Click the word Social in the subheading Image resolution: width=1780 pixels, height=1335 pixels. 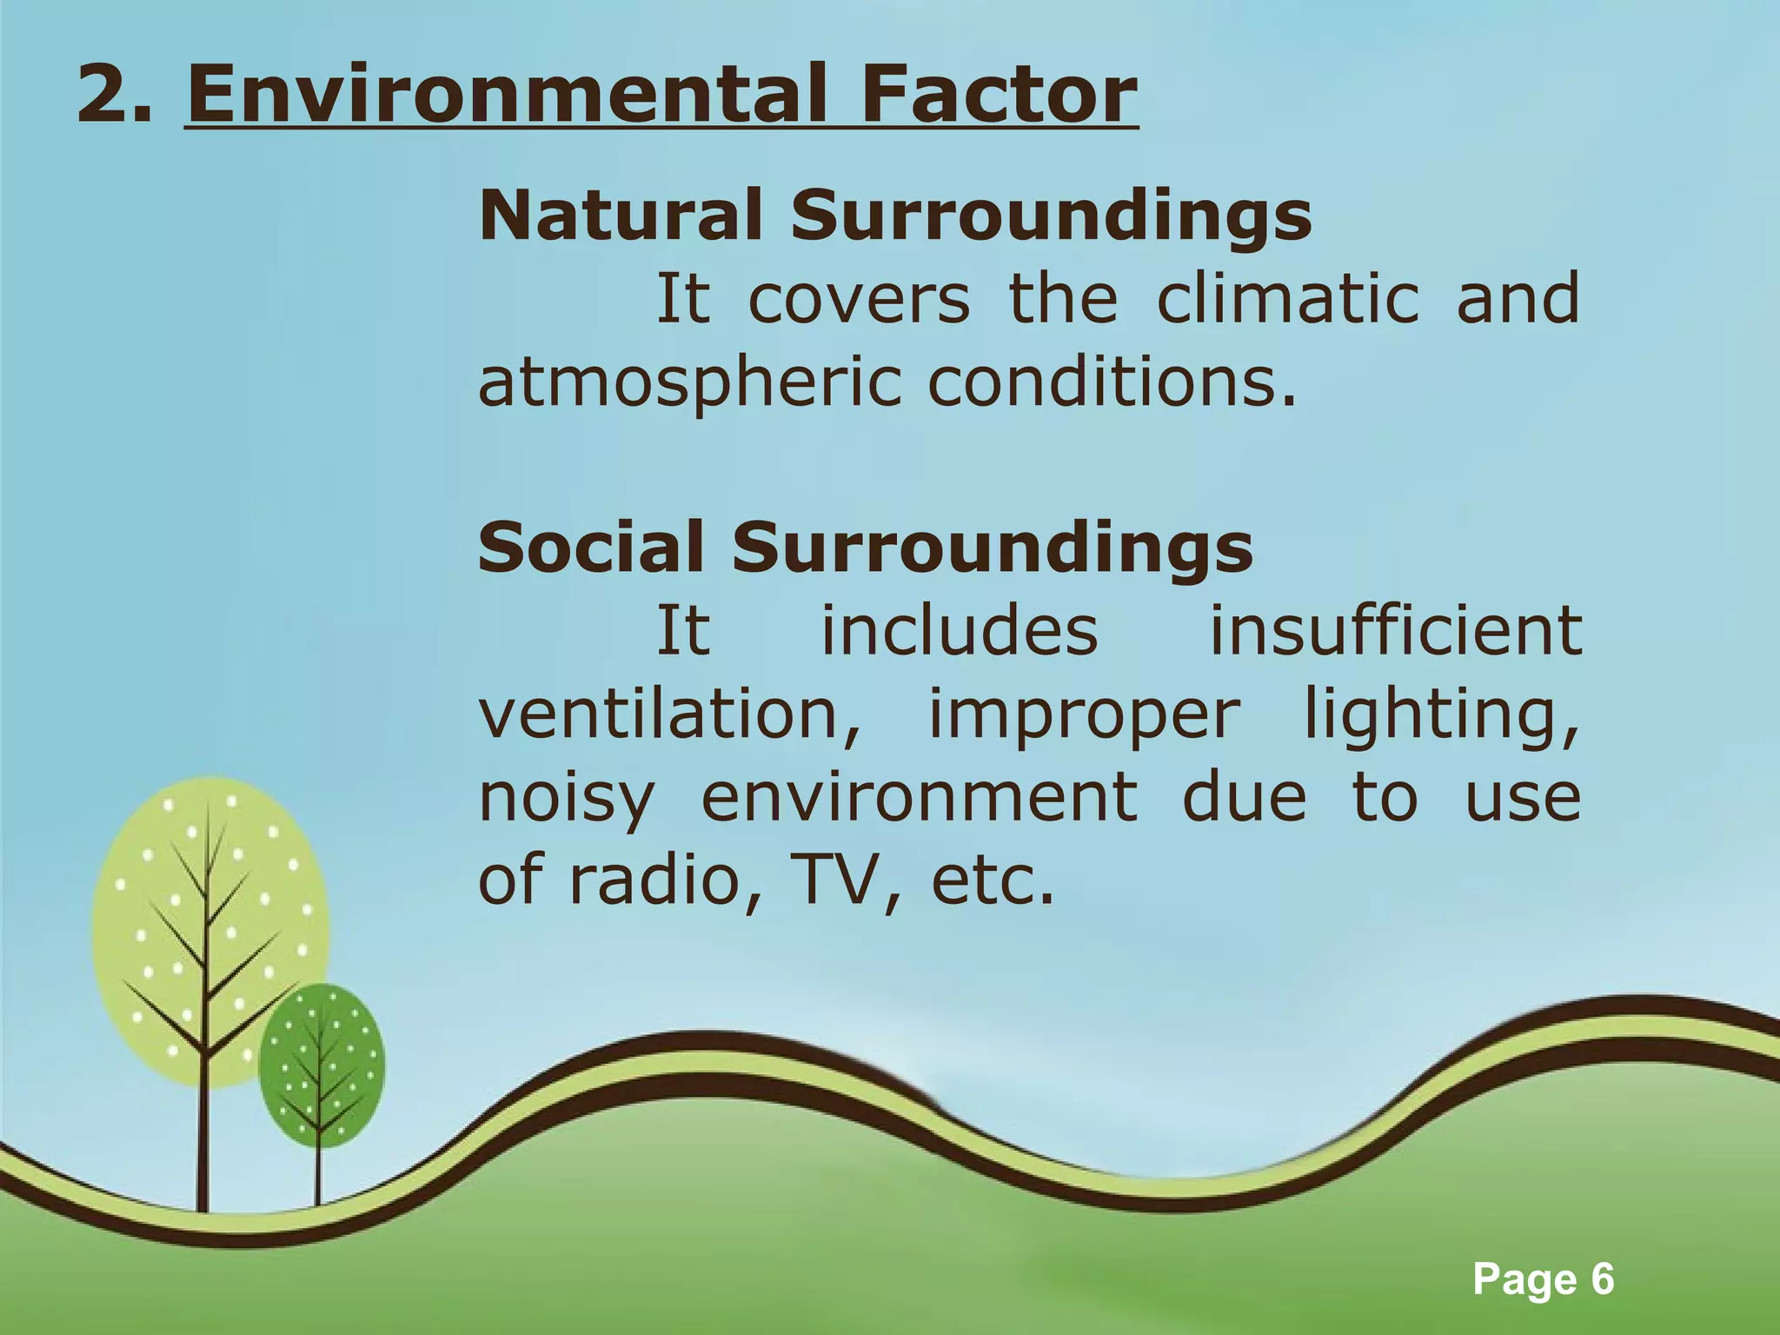(591, 548)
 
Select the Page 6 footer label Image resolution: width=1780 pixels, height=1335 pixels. (1544, 1280)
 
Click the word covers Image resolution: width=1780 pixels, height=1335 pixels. (858, 298)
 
